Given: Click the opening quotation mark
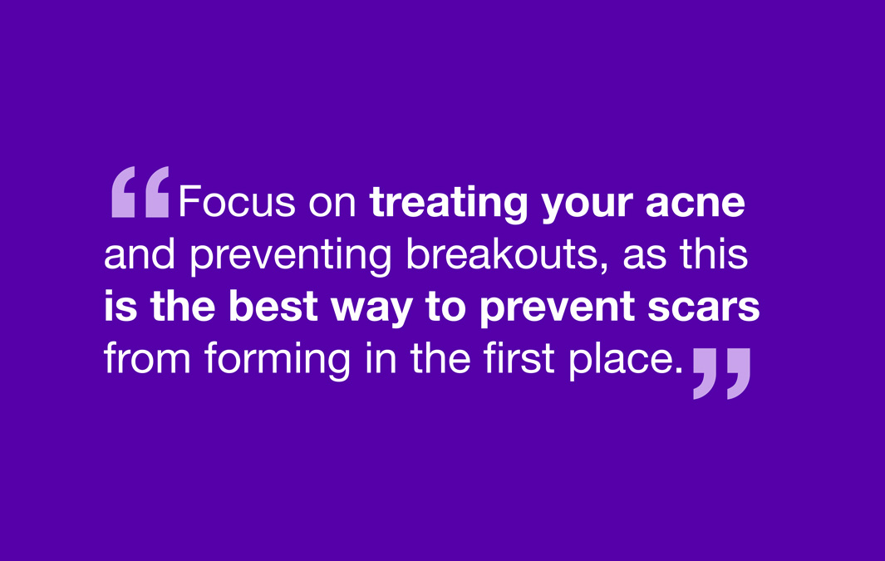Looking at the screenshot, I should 140,193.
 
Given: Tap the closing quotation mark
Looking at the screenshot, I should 721,373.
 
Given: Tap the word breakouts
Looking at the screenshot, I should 501,255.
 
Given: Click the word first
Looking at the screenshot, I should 519,358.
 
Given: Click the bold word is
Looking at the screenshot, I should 120,307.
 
